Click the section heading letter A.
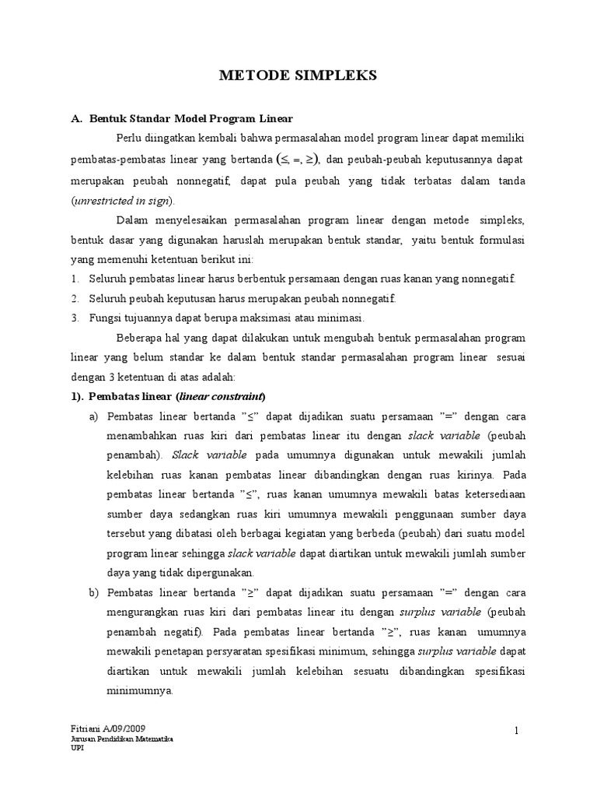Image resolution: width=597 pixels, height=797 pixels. coord(76,119)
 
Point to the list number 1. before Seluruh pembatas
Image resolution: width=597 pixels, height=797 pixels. coord(75,279)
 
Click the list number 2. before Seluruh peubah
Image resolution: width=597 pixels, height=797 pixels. coord(75,299)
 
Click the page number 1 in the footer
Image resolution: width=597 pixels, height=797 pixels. coord(515,729)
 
